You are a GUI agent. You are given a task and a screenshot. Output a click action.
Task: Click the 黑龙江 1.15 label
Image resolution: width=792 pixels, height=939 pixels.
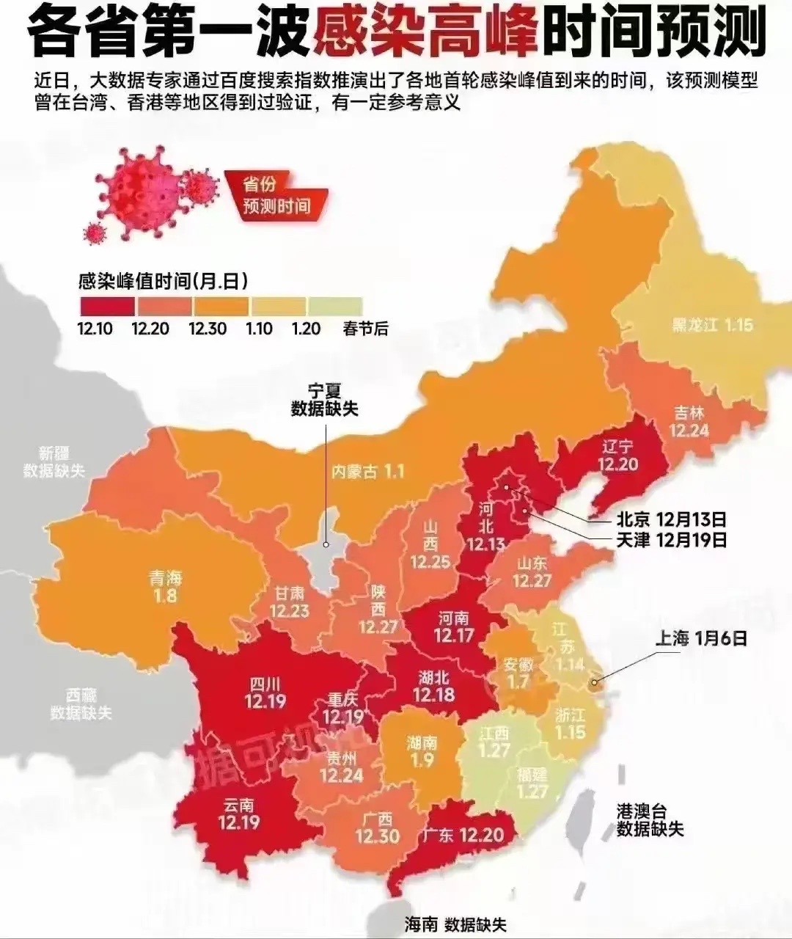[712, 325]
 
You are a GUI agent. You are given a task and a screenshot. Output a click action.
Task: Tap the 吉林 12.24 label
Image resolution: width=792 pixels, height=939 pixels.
[689, 421]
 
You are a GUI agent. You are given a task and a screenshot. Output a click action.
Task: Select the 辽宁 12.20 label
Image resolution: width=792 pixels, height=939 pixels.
[617, 455]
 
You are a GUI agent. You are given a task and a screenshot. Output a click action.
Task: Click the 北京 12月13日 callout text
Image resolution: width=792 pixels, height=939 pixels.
[671, 519]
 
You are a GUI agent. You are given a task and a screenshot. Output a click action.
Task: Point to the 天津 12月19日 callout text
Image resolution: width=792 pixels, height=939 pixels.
[671, 540]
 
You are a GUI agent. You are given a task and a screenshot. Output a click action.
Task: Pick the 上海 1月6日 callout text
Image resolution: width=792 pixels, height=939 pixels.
[700, 638]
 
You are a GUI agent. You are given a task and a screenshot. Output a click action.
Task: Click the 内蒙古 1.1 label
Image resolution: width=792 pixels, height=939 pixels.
[367, 471]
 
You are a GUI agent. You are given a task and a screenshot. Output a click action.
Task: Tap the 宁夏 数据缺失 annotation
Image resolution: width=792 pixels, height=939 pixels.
[325, 401]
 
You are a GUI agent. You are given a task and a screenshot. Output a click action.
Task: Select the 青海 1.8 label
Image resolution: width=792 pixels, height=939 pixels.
[166, 586]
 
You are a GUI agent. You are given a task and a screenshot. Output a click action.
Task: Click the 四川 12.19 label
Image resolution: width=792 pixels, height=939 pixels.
[265, 693]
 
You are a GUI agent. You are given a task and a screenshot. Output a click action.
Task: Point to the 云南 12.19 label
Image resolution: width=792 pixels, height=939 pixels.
[239, 813]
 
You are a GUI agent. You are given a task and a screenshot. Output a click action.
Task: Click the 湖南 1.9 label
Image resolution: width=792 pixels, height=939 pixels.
[422, 751]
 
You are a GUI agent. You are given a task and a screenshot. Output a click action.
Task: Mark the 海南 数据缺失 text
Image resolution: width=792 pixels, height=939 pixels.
[455, 924]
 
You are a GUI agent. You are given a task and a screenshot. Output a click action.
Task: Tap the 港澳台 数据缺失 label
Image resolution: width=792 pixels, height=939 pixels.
[649, 820]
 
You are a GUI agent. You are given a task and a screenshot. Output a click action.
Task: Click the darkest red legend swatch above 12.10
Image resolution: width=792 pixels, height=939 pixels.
[106, 305]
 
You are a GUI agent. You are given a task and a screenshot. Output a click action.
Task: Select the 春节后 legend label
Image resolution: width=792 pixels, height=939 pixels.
[365, 329]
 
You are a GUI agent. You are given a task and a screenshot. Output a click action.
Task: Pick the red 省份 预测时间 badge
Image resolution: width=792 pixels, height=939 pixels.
[276, 195]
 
